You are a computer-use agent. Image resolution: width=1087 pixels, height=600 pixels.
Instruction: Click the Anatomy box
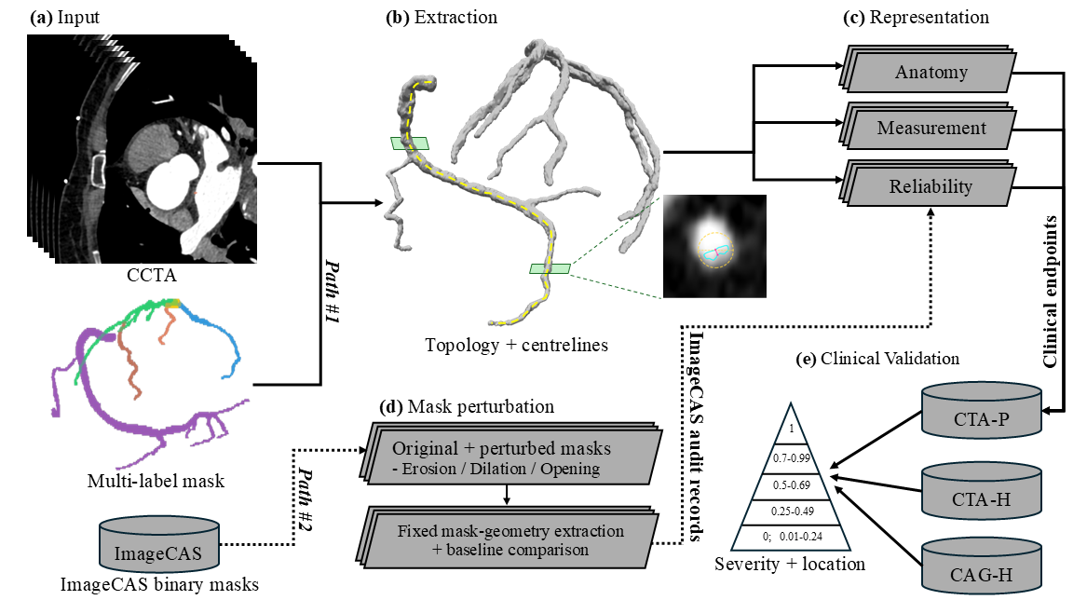[928, 70]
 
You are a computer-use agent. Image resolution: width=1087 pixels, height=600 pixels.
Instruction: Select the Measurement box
[928, 127]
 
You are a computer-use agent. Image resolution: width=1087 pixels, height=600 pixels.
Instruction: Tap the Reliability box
[928, 184]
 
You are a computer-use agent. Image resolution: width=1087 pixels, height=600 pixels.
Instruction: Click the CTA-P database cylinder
[982, 412]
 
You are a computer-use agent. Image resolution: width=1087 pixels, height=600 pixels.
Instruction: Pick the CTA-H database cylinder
[982, 491]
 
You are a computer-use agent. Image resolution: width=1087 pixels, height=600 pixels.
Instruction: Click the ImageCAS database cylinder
[159, 545]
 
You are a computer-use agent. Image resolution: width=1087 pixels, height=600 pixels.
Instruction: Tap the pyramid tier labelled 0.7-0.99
[792, 458]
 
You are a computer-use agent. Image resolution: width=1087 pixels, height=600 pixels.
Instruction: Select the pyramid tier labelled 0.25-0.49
[792, 512]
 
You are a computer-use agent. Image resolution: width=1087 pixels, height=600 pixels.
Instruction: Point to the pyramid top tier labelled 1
[791, 427]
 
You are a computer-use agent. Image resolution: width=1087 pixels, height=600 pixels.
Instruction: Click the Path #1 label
[333, 292]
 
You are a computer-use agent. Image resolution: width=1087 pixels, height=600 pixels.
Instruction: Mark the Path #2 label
[306, 498]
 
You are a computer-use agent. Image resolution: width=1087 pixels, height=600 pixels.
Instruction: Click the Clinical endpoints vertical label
[1051, 292]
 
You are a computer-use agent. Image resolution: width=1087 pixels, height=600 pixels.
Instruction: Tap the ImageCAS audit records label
[695, 436]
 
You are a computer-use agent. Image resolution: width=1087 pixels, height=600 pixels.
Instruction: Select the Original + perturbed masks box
[509, 455]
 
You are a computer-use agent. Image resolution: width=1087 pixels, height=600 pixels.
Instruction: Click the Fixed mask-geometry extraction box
[509, 538]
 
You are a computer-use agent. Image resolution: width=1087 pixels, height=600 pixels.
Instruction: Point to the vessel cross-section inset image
[714, 246]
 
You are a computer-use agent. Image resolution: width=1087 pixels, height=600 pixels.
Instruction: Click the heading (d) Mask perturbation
[467, 406]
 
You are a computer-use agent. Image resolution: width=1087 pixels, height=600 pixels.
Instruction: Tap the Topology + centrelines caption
[516, 345]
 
